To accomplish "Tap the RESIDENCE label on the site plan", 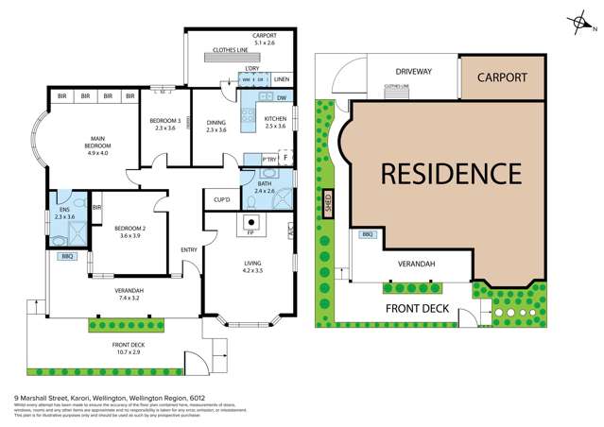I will (x=451, y=174).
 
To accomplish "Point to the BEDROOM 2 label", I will (x=125, y=231).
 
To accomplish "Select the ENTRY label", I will (x=189, y=249).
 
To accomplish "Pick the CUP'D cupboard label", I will (x=224, y=200).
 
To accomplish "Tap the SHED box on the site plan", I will (x=328, y=205).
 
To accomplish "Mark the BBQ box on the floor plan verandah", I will (x=66, y=256).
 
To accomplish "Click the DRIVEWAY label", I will (x=413, y=72).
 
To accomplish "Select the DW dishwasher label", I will (x=282, y=97).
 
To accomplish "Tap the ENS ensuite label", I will (x=64, y=212).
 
